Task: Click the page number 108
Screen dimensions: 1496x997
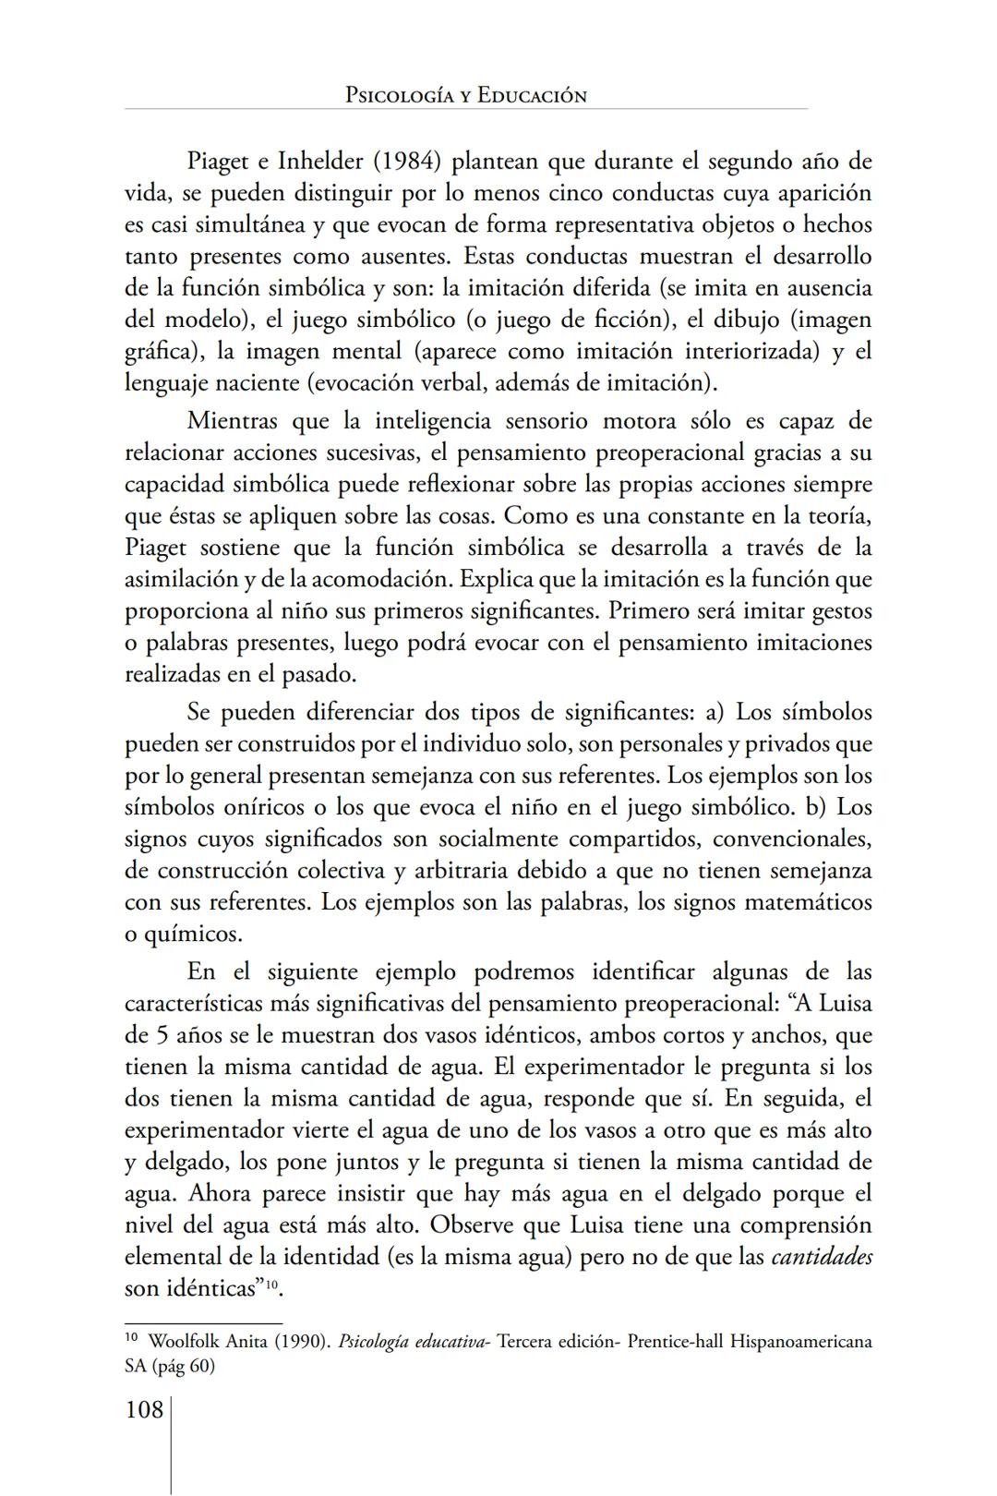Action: (x=144, y=1410)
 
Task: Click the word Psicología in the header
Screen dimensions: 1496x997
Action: (x=400, y=95)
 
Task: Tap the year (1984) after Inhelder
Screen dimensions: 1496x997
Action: (x=407, y=162)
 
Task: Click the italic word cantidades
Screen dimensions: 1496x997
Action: (x=822, y=1258)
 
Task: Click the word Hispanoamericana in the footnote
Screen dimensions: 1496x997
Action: (x=800, y=1342)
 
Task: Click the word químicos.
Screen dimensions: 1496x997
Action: (x=193, y=935)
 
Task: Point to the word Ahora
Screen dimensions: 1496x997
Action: (x=220, y=1194)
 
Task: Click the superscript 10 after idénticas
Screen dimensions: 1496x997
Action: (x=271, y=1284)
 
